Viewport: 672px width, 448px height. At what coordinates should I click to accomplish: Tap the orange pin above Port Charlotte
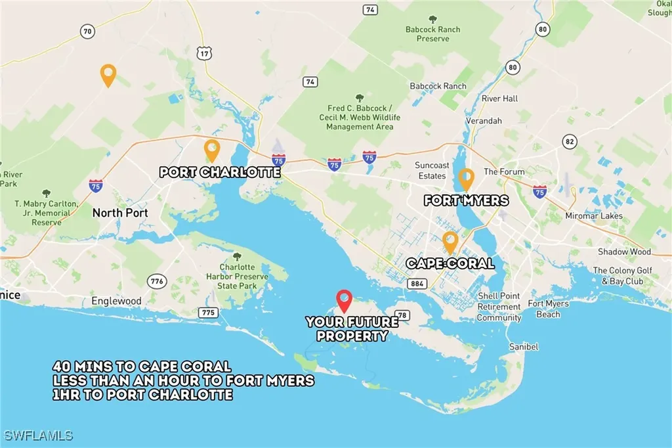(211, 150)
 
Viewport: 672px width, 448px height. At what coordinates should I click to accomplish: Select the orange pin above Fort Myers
(466, 179)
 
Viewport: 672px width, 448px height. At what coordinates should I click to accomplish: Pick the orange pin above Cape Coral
(450, 241)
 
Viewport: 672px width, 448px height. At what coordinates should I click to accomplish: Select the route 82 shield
(568, 142)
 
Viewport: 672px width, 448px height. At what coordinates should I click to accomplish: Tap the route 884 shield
(415, 284)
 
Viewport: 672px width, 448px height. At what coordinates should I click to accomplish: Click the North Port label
(120, 213)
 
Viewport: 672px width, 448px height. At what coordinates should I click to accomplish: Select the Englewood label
(116, 301)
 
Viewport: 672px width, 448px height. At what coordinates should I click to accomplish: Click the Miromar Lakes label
(593, 215)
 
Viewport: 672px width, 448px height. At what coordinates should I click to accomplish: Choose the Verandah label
(484, 122)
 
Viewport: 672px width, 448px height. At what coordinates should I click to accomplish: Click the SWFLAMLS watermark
(38, 436)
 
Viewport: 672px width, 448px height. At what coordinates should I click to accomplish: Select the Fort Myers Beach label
(548, 309)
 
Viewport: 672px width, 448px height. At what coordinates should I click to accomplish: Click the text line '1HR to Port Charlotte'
(143, 395)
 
